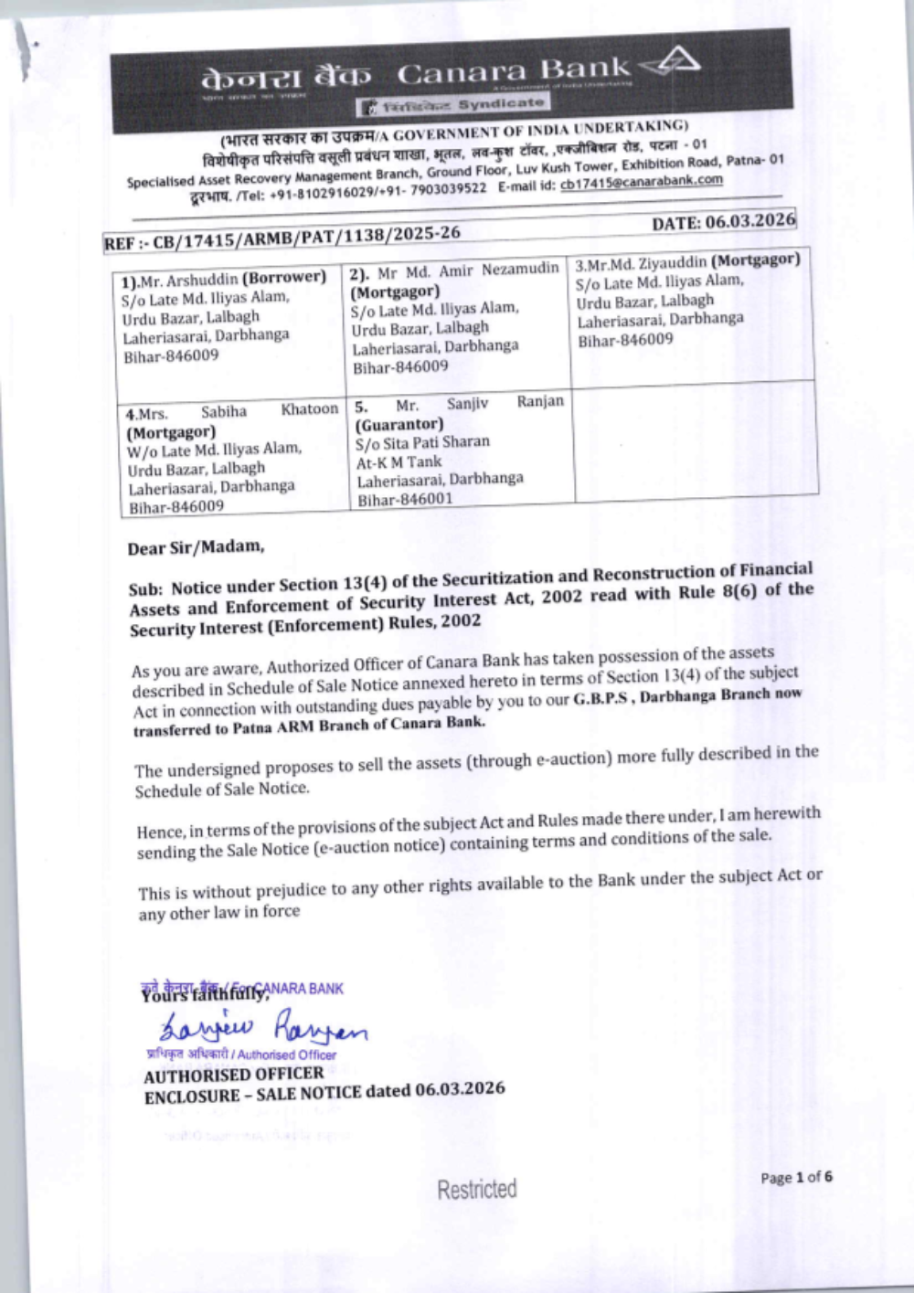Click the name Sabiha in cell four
[223, 411]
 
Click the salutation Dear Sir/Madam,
[196, 548]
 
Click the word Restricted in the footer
[476, 1190]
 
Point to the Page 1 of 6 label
[795, 1178]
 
